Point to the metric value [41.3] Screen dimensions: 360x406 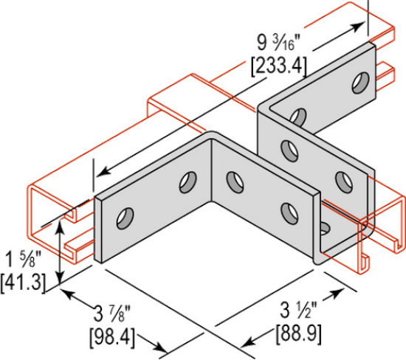[x=21, y=280]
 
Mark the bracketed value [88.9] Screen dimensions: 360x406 [x=298, y=333]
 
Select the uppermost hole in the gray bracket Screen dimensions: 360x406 [x=360, y=80]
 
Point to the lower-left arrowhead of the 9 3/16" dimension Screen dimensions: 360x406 [x=99, y=175]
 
